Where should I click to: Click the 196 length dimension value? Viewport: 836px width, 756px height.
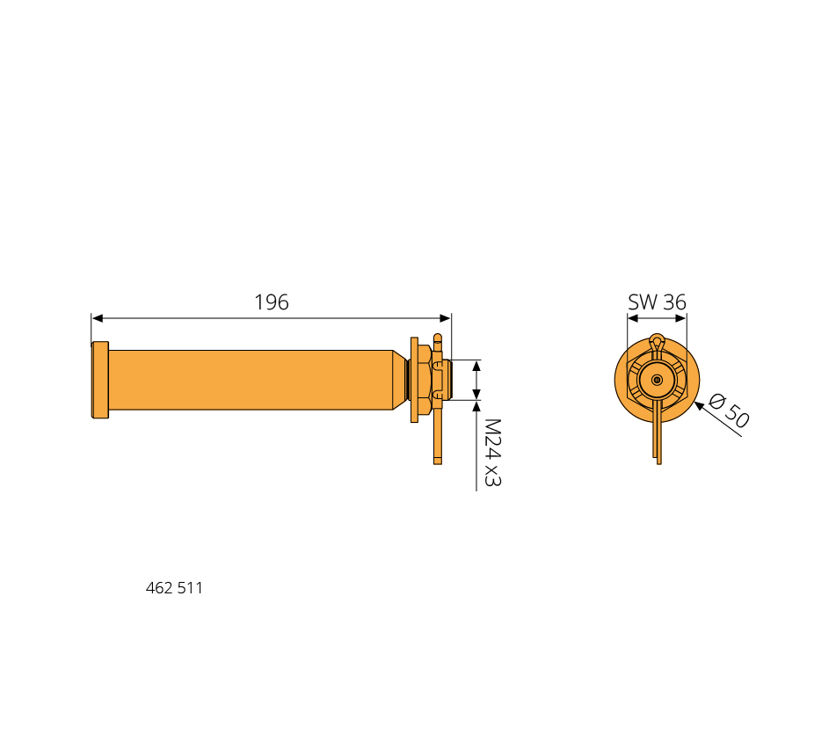[272, 302]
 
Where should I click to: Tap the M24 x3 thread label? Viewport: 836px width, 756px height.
[492, 453]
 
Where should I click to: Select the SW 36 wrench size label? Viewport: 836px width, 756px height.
[657, 302]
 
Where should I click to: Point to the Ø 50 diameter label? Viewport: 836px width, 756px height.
[730, 410]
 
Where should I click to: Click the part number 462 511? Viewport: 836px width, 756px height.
[174, 588]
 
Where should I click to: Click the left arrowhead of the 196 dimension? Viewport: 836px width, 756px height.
[98, 318]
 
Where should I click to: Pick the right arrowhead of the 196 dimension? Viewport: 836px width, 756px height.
[445, 318]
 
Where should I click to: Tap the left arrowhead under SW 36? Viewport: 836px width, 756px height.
[633, 318]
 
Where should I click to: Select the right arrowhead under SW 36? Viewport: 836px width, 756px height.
[681, 318]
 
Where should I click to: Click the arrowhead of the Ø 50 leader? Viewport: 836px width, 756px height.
[699, 406]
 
